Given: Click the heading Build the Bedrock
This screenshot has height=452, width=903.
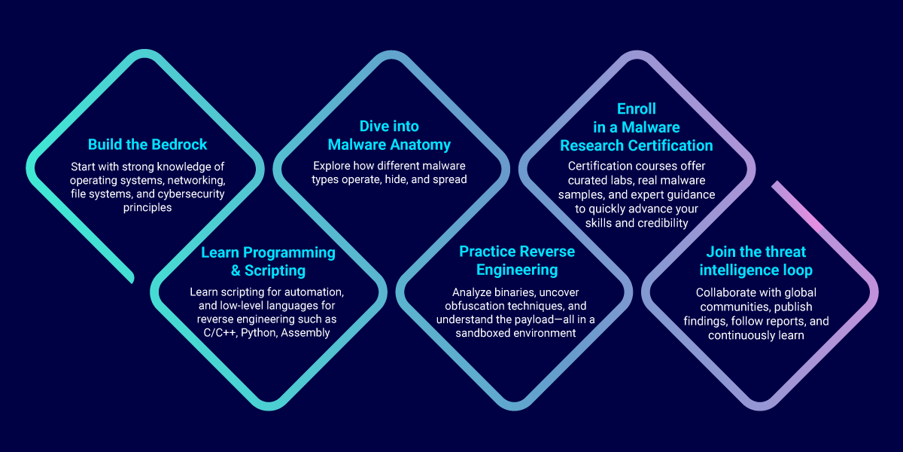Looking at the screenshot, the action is (147, 145).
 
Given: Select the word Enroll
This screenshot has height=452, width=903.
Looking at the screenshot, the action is (637, 109).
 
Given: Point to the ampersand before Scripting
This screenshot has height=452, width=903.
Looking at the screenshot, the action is (236, 270).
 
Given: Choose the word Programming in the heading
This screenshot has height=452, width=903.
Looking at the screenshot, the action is (289, 253).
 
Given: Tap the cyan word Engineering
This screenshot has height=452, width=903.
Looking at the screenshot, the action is (517, 270).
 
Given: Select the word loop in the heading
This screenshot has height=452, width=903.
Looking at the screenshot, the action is (796, 270).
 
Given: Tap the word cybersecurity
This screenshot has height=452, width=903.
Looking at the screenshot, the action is (191, 194).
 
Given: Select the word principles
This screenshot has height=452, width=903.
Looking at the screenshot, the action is (147, 208).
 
